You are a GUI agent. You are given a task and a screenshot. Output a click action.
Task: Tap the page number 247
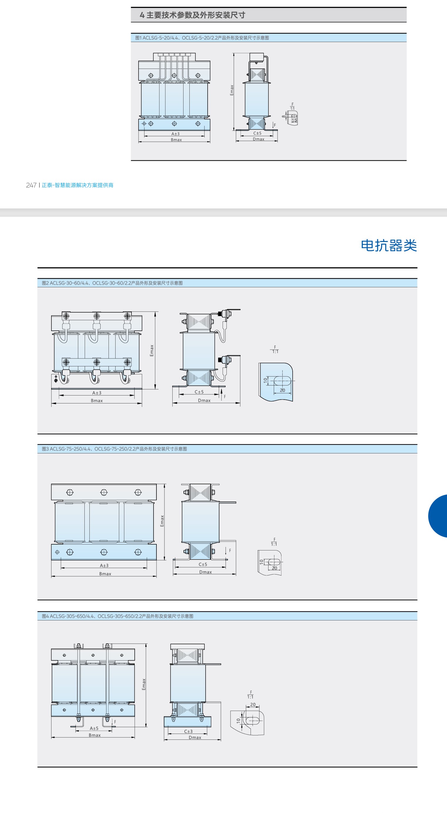[x=31, y=185]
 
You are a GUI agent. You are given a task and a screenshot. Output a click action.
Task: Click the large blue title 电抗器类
[x=388, y=246]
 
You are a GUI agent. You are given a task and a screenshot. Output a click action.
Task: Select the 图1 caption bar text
[x=202, y=38]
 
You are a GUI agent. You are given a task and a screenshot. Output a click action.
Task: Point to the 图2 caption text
[x=112, y=283]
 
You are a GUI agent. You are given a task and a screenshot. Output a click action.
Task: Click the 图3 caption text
[x=114, y=449]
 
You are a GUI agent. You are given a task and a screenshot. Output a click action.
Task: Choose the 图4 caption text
[x=117, y=616]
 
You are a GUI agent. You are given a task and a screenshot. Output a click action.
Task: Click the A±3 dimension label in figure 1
[x=175, y=134]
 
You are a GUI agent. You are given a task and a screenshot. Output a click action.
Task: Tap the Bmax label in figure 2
[x=96, y=400]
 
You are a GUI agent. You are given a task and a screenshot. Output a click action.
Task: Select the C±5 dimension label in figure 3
[x=203, y=564]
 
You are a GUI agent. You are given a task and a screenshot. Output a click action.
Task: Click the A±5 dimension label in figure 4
[x=94, y=728]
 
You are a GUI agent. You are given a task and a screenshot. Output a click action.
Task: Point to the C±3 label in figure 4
[x=188, y=731]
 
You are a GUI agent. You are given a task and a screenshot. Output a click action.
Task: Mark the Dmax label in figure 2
[x=204, y=400]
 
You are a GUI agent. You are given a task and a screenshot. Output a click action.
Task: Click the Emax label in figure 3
[x=162, y=521]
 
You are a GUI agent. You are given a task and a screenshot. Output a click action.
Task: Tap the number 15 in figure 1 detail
[x=294, y=120]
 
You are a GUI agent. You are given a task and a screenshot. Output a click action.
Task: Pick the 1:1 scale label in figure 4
[x=250, y=697]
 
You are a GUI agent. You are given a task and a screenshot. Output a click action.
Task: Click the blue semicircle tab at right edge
[x=438, y=516]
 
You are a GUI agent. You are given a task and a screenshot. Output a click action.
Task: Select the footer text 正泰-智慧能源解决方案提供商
[x=78, y=185]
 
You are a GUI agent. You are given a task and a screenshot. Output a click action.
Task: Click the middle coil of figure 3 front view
[x=104, y=522]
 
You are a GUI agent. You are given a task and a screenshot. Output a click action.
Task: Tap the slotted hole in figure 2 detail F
[x=282, y=381]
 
